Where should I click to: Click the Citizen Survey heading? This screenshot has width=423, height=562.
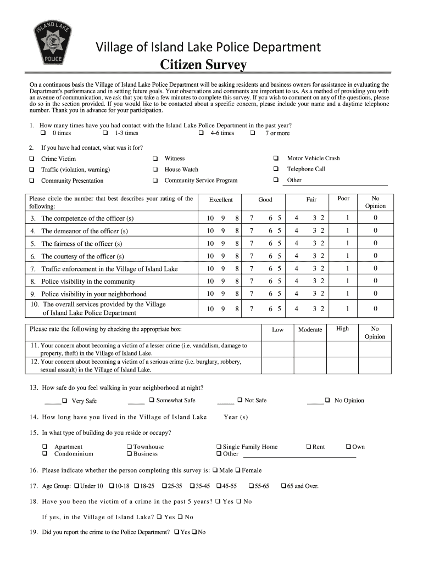(203, 65)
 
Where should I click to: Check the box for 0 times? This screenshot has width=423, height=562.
(43, 133)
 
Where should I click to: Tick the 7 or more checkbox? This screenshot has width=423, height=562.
(253, 133)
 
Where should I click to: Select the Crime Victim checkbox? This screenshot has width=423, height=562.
(31, 159)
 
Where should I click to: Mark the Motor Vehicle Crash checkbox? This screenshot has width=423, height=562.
(276, 158)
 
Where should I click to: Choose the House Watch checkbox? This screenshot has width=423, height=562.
(155, 170)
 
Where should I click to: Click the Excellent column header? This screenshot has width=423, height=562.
(221, 200)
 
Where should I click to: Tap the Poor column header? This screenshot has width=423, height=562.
(343, 198)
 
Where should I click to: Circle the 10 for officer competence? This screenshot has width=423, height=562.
(210, 218)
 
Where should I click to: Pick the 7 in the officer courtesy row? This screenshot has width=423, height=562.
(252, 256)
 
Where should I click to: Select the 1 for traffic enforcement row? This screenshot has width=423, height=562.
(347, 269)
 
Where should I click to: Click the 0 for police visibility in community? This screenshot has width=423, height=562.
(376, 281)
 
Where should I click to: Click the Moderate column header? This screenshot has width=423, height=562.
(310, 329)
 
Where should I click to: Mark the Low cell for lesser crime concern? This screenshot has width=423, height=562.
(278, 350)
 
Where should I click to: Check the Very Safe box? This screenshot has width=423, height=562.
(64, 401)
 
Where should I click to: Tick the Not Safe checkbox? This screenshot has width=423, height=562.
(240, 400)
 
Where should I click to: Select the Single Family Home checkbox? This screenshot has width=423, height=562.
(219, 447)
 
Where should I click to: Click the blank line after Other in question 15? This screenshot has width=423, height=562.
(299, 455)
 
